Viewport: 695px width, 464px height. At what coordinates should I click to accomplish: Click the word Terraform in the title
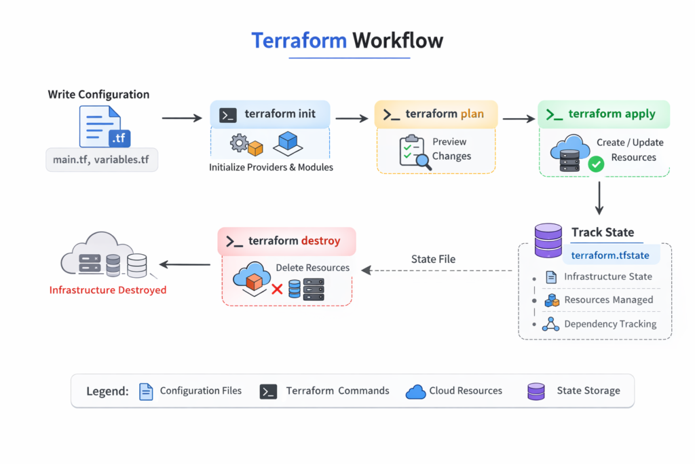(x=299, y=40)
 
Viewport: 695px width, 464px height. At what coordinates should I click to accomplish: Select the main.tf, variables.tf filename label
(x=102, y=160)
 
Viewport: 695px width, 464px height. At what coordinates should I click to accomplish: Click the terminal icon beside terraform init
(x=228, y=114)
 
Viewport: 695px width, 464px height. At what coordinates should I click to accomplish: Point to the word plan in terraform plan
(x=472, y=114)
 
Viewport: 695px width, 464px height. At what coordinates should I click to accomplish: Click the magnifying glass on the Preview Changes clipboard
(x=422, y=160)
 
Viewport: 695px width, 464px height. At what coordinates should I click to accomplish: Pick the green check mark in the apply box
(x=596, y=164)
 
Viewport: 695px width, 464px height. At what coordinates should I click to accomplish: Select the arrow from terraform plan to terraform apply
(x=519, y=119)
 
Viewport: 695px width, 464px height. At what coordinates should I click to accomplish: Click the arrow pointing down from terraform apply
(x=599, y=198)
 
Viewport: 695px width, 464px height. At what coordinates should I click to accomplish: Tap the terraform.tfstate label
(x=610, y=255)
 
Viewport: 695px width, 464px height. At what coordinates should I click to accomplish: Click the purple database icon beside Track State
(x=548, y=240)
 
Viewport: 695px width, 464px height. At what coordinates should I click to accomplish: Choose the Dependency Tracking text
(x=610, y=324)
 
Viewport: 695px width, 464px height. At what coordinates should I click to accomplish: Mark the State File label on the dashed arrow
(x=433, y=259)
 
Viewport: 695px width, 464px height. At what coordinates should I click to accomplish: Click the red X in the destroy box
(x=277, y=289)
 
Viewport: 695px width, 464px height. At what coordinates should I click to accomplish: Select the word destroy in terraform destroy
(x=321, y=241)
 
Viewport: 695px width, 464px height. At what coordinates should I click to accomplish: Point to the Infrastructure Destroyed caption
(x=108, y=290)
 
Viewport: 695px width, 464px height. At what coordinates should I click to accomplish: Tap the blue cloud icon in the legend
(x=415, y=392)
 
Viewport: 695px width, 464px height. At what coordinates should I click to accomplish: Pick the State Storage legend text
(x=588, y=391)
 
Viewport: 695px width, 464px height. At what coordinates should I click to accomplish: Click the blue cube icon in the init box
(x=288, y=141)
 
